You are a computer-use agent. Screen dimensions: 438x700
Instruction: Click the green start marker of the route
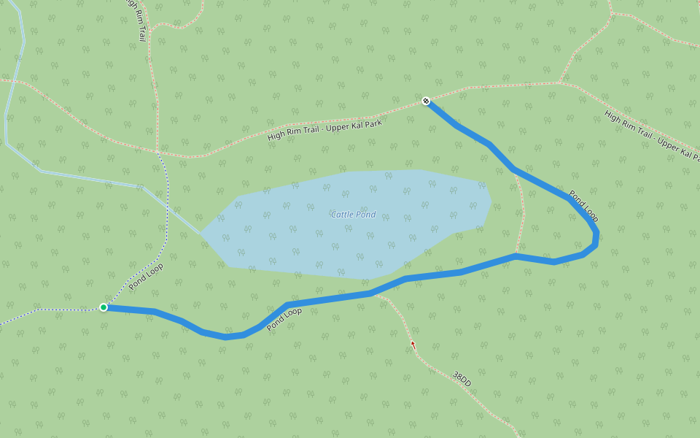pyautogui.click(x=104, y=307)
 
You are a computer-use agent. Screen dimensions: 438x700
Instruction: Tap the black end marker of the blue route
pyautogui.click(x=426, y=101)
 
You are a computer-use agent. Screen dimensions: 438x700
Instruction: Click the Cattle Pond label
pyautogui.click(x=354, y=215)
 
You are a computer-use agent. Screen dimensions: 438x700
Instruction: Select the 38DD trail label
pyautogui.click(x=462, y=379)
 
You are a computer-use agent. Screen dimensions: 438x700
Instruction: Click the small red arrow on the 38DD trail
pyautogui.click(x=413, y=345)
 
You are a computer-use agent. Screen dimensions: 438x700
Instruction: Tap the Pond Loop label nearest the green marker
pyautogui.click(x=146, y=277)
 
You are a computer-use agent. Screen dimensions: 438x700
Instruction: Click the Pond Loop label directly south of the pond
pyautogui.click(x=284, y=319)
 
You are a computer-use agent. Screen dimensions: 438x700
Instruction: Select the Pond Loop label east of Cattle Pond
pyautogui.click(x=583, y=207)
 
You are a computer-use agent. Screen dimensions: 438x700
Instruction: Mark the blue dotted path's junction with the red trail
pyautogui.click(x=158, y=153)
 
